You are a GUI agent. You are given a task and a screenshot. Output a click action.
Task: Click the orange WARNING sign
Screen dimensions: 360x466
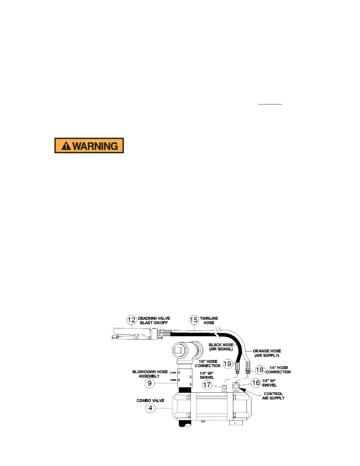(89, 146)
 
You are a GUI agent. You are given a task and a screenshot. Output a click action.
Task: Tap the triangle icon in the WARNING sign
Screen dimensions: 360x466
(66, 146)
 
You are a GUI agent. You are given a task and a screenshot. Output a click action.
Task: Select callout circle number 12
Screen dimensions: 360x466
(131, 320)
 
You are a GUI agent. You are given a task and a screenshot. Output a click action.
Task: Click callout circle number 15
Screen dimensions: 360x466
(194, 320)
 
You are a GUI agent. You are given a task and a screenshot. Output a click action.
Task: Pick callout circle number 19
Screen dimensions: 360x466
(228, 364)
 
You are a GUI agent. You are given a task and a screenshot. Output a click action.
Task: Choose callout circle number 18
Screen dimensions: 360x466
(260, 370)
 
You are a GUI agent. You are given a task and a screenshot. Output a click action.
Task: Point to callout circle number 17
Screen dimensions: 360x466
(207, 385)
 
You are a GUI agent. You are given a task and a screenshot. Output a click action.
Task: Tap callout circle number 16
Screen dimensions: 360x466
(256, 383)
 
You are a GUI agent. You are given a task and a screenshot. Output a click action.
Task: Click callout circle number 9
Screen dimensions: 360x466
(150, 383)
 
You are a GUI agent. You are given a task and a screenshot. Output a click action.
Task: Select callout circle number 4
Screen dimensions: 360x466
(150, 408)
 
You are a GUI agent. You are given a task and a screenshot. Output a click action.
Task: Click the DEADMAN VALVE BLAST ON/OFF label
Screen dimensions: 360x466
(154, 321)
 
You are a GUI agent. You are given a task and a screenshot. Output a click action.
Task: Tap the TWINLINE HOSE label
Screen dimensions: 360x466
(209, 321)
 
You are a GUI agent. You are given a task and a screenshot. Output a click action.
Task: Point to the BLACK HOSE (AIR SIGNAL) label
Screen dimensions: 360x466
(221, 347)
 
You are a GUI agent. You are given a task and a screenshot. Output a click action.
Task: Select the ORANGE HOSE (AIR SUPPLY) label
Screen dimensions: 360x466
(267, 353)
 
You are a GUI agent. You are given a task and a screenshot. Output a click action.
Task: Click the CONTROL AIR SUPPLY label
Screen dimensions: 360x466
(273, 396)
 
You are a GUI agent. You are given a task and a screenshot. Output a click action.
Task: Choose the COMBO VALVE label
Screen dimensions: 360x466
(150, 401)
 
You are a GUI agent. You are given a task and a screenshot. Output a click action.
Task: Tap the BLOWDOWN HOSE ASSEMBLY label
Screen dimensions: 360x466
(150, 374)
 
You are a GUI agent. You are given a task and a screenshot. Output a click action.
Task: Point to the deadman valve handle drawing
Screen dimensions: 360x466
(132, 334)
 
